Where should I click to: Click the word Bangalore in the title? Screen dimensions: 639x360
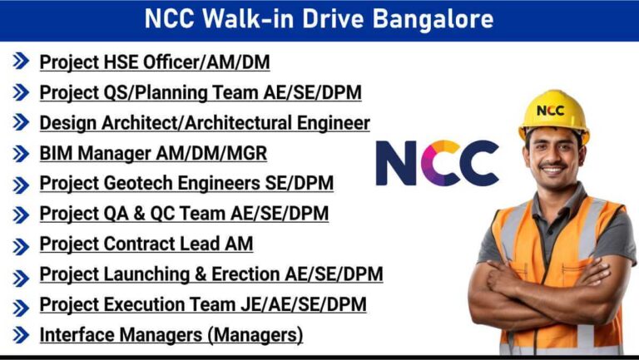click(433, 20)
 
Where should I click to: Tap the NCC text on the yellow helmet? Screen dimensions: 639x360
click(550, 111)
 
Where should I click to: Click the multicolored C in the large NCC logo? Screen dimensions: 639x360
click(438, 163)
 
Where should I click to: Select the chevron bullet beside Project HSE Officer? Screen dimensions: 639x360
click(21, 61)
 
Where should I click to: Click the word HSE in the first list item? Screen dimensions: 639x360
click(121, 62)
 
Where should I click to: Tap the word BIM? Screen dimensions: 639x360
click(56, 154)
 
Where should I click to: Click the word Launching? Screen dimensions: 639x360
click(146, 274)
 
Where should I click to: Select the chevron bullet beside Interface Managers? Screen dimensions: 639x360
click(21, 335)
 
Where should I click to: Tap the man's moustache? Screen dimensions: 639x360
click(553, 165)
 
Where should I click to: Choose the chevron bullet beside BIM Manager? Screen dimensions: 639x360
click(21, 154)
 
